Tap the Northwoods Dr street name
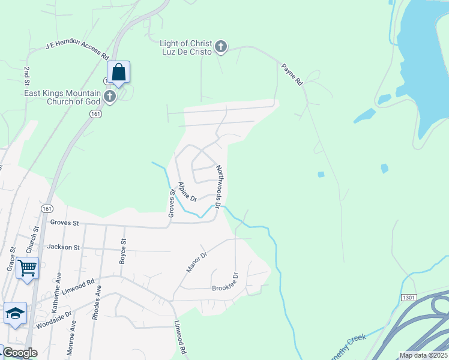point(219,187)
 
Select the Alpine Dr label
point(188,191)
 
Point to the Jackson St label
point(64,247)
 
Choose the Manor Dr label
point(196,262)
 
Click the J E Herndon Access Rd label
point(76,50)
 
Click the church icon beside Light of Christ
point(221,47)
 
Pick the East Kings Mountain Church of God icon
point(109,97)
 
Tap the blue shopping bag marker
point(119,73)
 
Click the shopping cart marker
point(28,268)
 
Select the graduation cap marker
point(16,313)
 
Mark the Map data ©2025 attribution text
point(424,355)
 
